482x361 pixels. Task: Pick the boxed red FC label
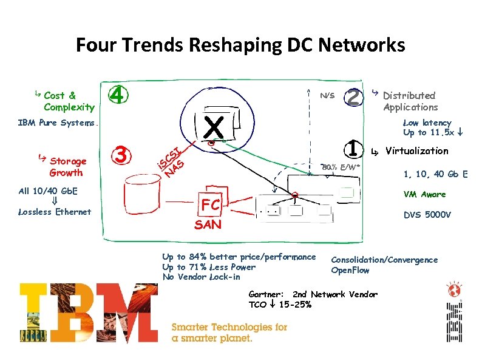(211, 205)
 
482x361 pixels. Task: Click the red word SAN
(208, 224)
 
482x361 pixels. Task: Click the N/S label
(327, 96)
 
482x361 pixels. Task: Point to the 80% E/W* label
(341, 167)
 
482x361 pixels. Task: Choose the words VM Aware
(425, 194)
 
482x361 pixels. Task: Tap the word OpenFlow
(350, 270)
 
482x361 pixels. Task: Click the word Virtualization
(416, 150)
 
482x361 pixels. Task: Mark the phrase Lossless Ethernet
(55, 212)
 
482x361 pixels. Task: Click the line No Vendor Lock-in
(201, 277)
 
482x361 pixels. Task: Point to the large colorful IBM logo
(89, 314)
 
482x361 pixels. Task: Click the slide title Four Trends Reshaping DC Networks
(240, 45)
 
